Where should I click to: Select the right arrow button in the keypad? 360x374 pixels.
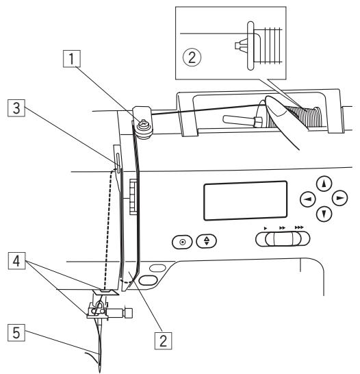click(339, 198)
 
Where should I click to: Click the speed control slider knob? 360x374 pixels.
click(279, 238)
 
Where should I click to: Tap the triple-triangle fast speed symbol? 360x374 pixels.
click(299, 225)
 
